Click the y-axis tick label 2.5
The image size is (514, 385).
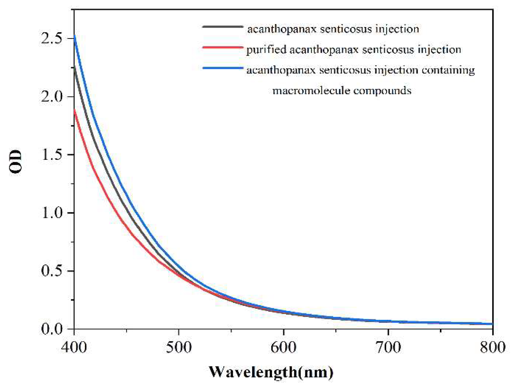[51, 38]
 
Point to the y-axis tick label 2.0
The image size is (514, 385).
[51, 97]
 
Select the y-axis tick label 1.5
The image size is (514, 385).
[51, 155]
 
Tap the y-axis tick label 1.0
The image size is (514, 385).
[51, 213]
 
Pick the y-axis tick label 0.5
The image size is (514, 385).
[51, 271]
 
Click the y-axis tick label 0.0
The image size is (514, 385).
[51, 329]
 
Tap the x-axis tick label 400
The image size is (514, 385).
[74, 347]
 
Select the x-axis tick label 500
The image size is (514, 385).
[179, 347]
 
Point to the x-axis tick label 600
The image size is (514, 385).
[283, 347]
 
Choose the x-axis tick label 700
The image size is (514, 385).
[388, 347]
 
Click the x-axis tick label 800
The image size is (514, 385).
[493, 347]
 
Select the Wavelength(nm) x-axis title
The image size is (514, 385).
[271, 372]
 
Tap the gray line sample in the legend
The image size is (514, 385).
[223, 27]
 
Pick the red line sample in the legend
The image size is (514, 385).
[223, 48]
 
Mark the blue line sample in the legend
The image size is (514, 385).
[223, 68]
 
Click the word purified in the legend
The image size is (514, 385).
[266, 50]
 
